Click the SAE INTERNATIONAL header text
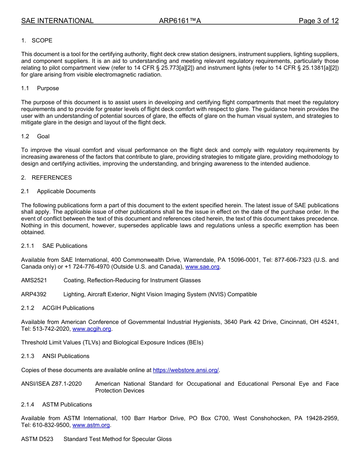coord(57,21)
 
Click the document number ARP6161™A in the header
coord(180,21)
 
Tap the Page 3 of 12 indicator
coord(318,21)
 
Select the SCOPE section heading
coord(42,41)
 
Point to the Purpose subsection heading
coord(48,88)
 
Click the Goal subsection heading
coord(43,136)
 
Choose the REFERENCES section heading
coord(52,178)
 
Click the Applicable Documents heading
coord(66,191)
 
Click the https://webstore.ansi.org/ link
coord(186,370)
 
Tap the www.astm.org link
coord(91,425)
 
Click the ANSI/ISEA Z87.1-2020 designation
coord(51,384)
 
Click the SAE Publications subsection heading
coord(64,246)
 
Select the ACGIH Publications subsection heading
coord(68,308)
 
